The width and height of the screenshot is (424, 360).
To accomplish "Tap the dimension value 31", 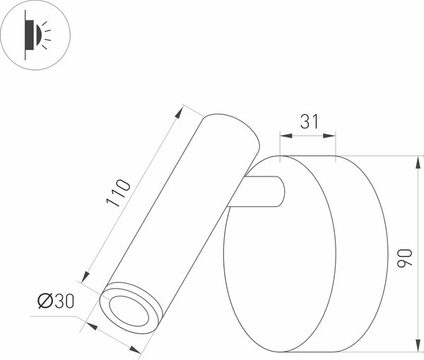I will coord(308,121).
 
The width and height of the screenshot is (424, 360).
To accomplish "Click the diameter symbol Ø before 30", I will coord(43,301).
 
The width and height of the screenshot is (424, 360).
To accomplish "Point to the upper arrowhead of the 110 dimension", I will coord(180,109).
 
